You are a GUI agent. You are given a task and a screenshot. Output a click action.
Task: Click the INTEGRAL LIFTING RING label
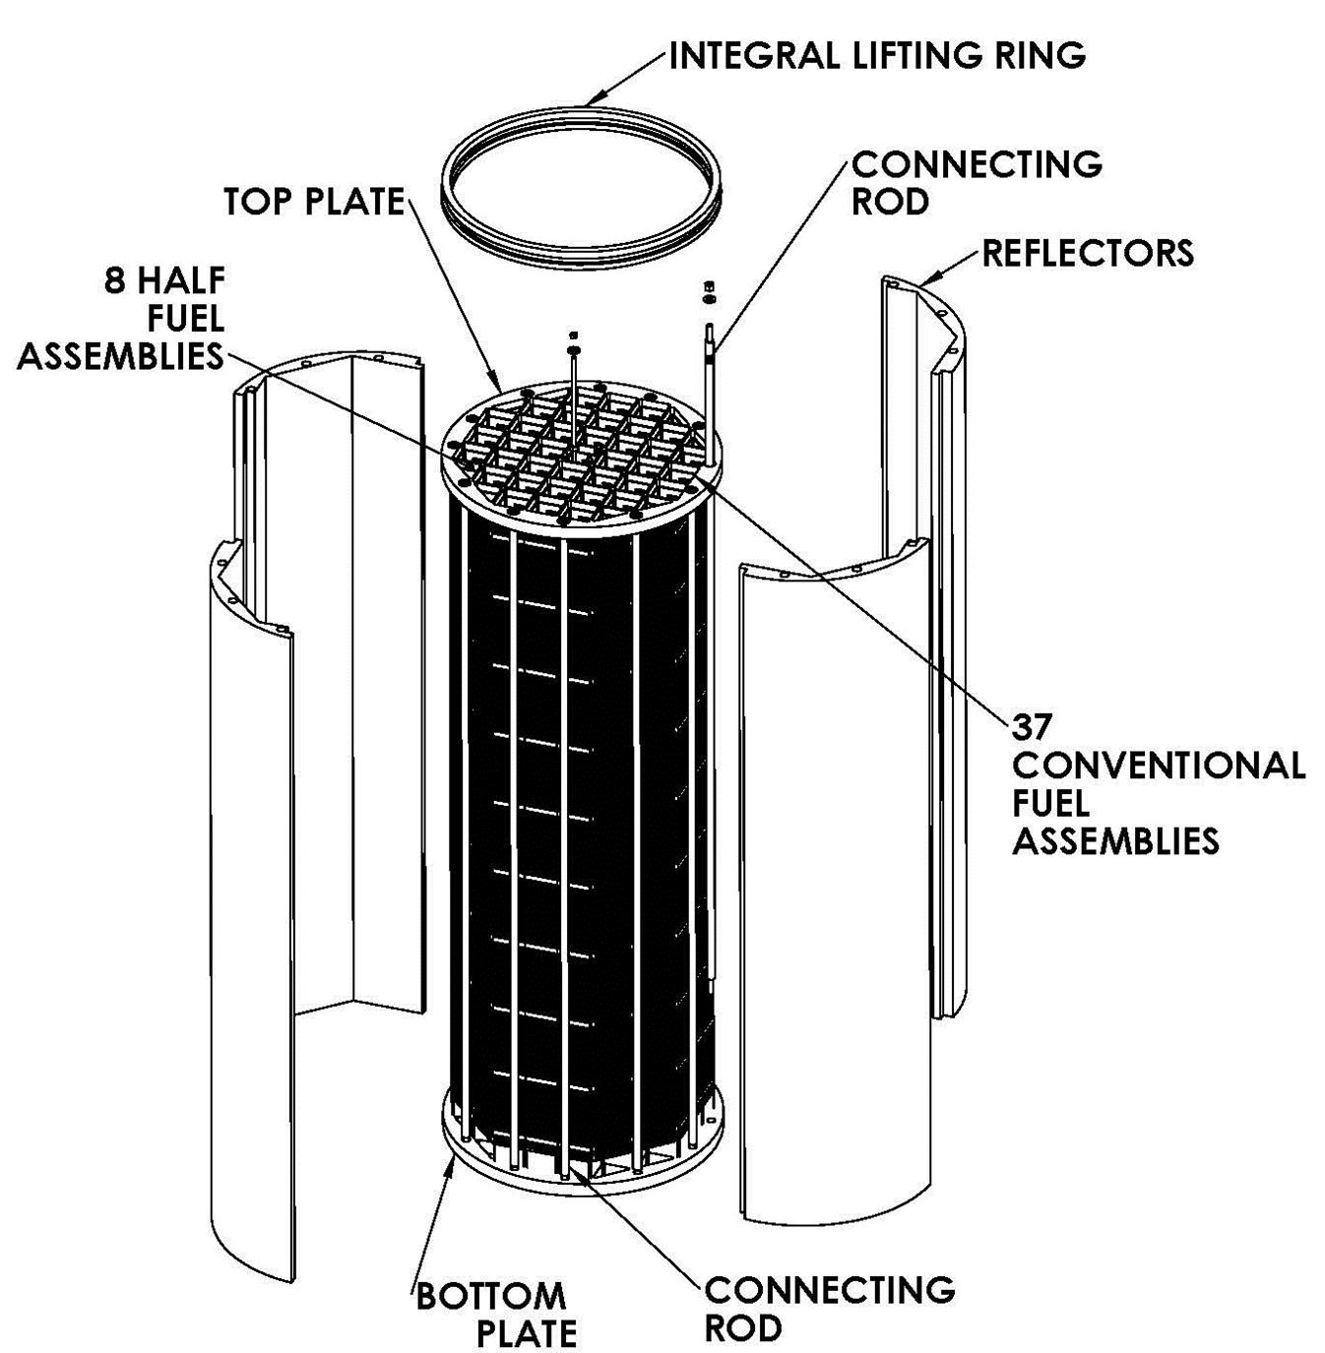876,55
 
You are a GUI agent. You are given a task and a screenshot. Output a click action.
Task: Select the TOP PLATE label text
314,202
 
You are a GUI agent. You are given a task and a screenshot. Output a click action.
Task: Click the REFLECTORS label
1088,253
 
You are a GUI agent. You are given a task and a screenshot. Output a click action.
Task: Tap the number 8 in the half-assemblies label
115,280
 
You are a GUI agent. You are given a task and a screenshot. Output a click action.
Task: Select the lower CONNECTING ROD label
829,1308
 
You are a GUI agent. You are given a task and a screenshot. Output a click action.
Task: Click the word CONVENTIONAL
1159,766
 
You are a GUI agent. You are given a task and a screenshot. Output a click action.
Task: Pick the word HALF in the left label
181,280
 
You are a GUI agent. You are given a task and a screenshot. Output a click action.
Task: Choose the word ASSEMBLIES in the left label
120,356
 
